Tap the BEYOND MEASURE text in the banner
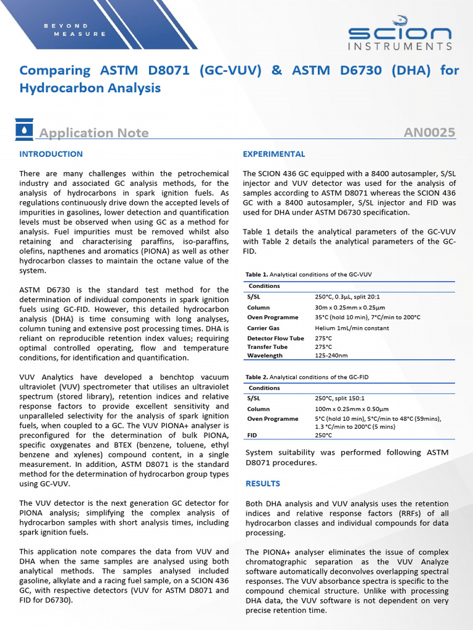coord(75,30)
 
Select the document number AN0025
coord(429,132)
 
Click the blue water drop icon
coord(23,131)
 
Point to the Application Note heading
coord(94,133)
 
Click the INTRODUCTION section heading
coord(51,154)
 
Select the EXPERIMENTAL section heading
coord(273,154)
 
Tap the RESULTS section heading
coord(262,484)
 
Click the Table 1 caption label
coord(256,274)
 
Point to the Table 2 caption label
coord(256,377)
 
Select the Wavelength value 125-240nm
coord(331,356)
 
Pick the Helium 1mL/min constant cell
coord(352,328)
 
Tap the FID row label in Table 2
coord(252,435)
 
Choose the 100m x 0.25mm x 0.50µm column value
coord(351,409)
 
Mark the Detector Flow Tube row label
coord(275,338)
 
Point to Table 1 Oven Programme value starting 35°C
coord(367,317)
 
